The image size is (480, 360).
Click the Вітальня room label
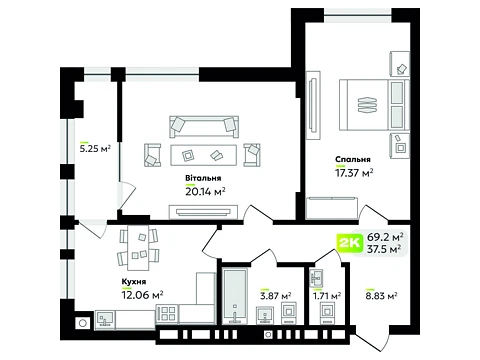(203, 178)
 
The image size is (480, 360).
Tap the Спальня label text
(353, 160)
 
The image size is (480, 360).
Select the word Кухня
(134, 282)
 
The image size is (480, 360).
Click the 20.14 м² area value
(205, 192)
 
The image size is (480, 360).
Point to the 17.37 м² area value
(354, 173)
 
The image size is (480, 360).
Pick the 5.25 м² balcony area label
(95, 149)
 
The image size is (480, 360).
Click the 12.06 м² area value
(142, 295)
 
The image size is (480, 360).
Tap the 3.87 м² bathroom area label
(275, 296)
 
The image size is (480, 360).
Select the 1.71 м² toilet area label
(327, 296)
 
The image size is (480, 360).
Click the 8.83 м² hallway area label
(381, 296)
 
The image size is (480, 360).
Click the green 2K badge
(349, 243)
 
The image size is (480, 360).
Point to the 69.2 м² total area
(385, 237)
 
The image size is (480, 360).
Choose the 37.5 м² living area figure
(384, 249)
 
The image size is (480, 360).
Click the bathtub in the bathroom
(235, 296)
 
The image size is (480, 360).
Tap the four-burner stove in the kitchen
(167, 314)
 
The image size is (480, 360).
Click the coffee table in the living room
(203, 155)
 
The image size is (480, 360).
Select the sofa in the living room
(204, 127)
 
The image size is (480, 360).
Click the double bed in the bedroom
(374, 105)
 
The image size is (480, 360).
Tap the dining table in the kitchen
(138, 248)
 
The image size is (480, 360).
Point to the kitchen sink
(105, 319)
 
